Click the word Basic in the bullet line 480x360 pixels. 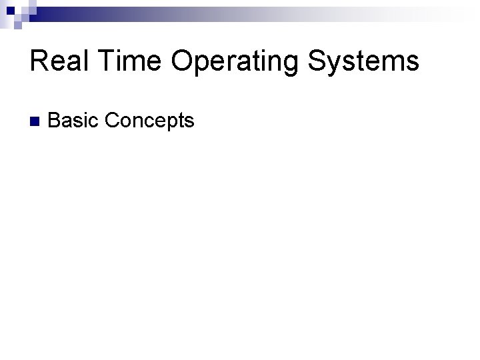coord(73,121)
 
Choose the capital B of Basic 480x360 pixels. coord(55,121)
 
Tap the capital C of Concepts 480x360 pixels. coord(111,121)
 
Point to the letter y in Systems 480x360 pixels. coord(337,65)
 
